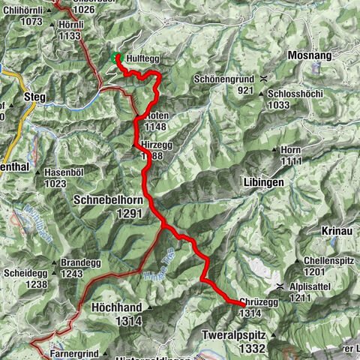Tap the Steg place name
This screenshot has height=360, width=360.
tap(35, 97)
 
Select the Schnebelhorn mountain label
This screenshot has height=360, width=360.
tap(107, 200)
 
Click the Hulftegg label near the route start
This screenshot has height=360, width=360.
tap(142, 58)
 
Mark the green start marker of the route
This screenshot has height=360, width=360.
tap(115, 58)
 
